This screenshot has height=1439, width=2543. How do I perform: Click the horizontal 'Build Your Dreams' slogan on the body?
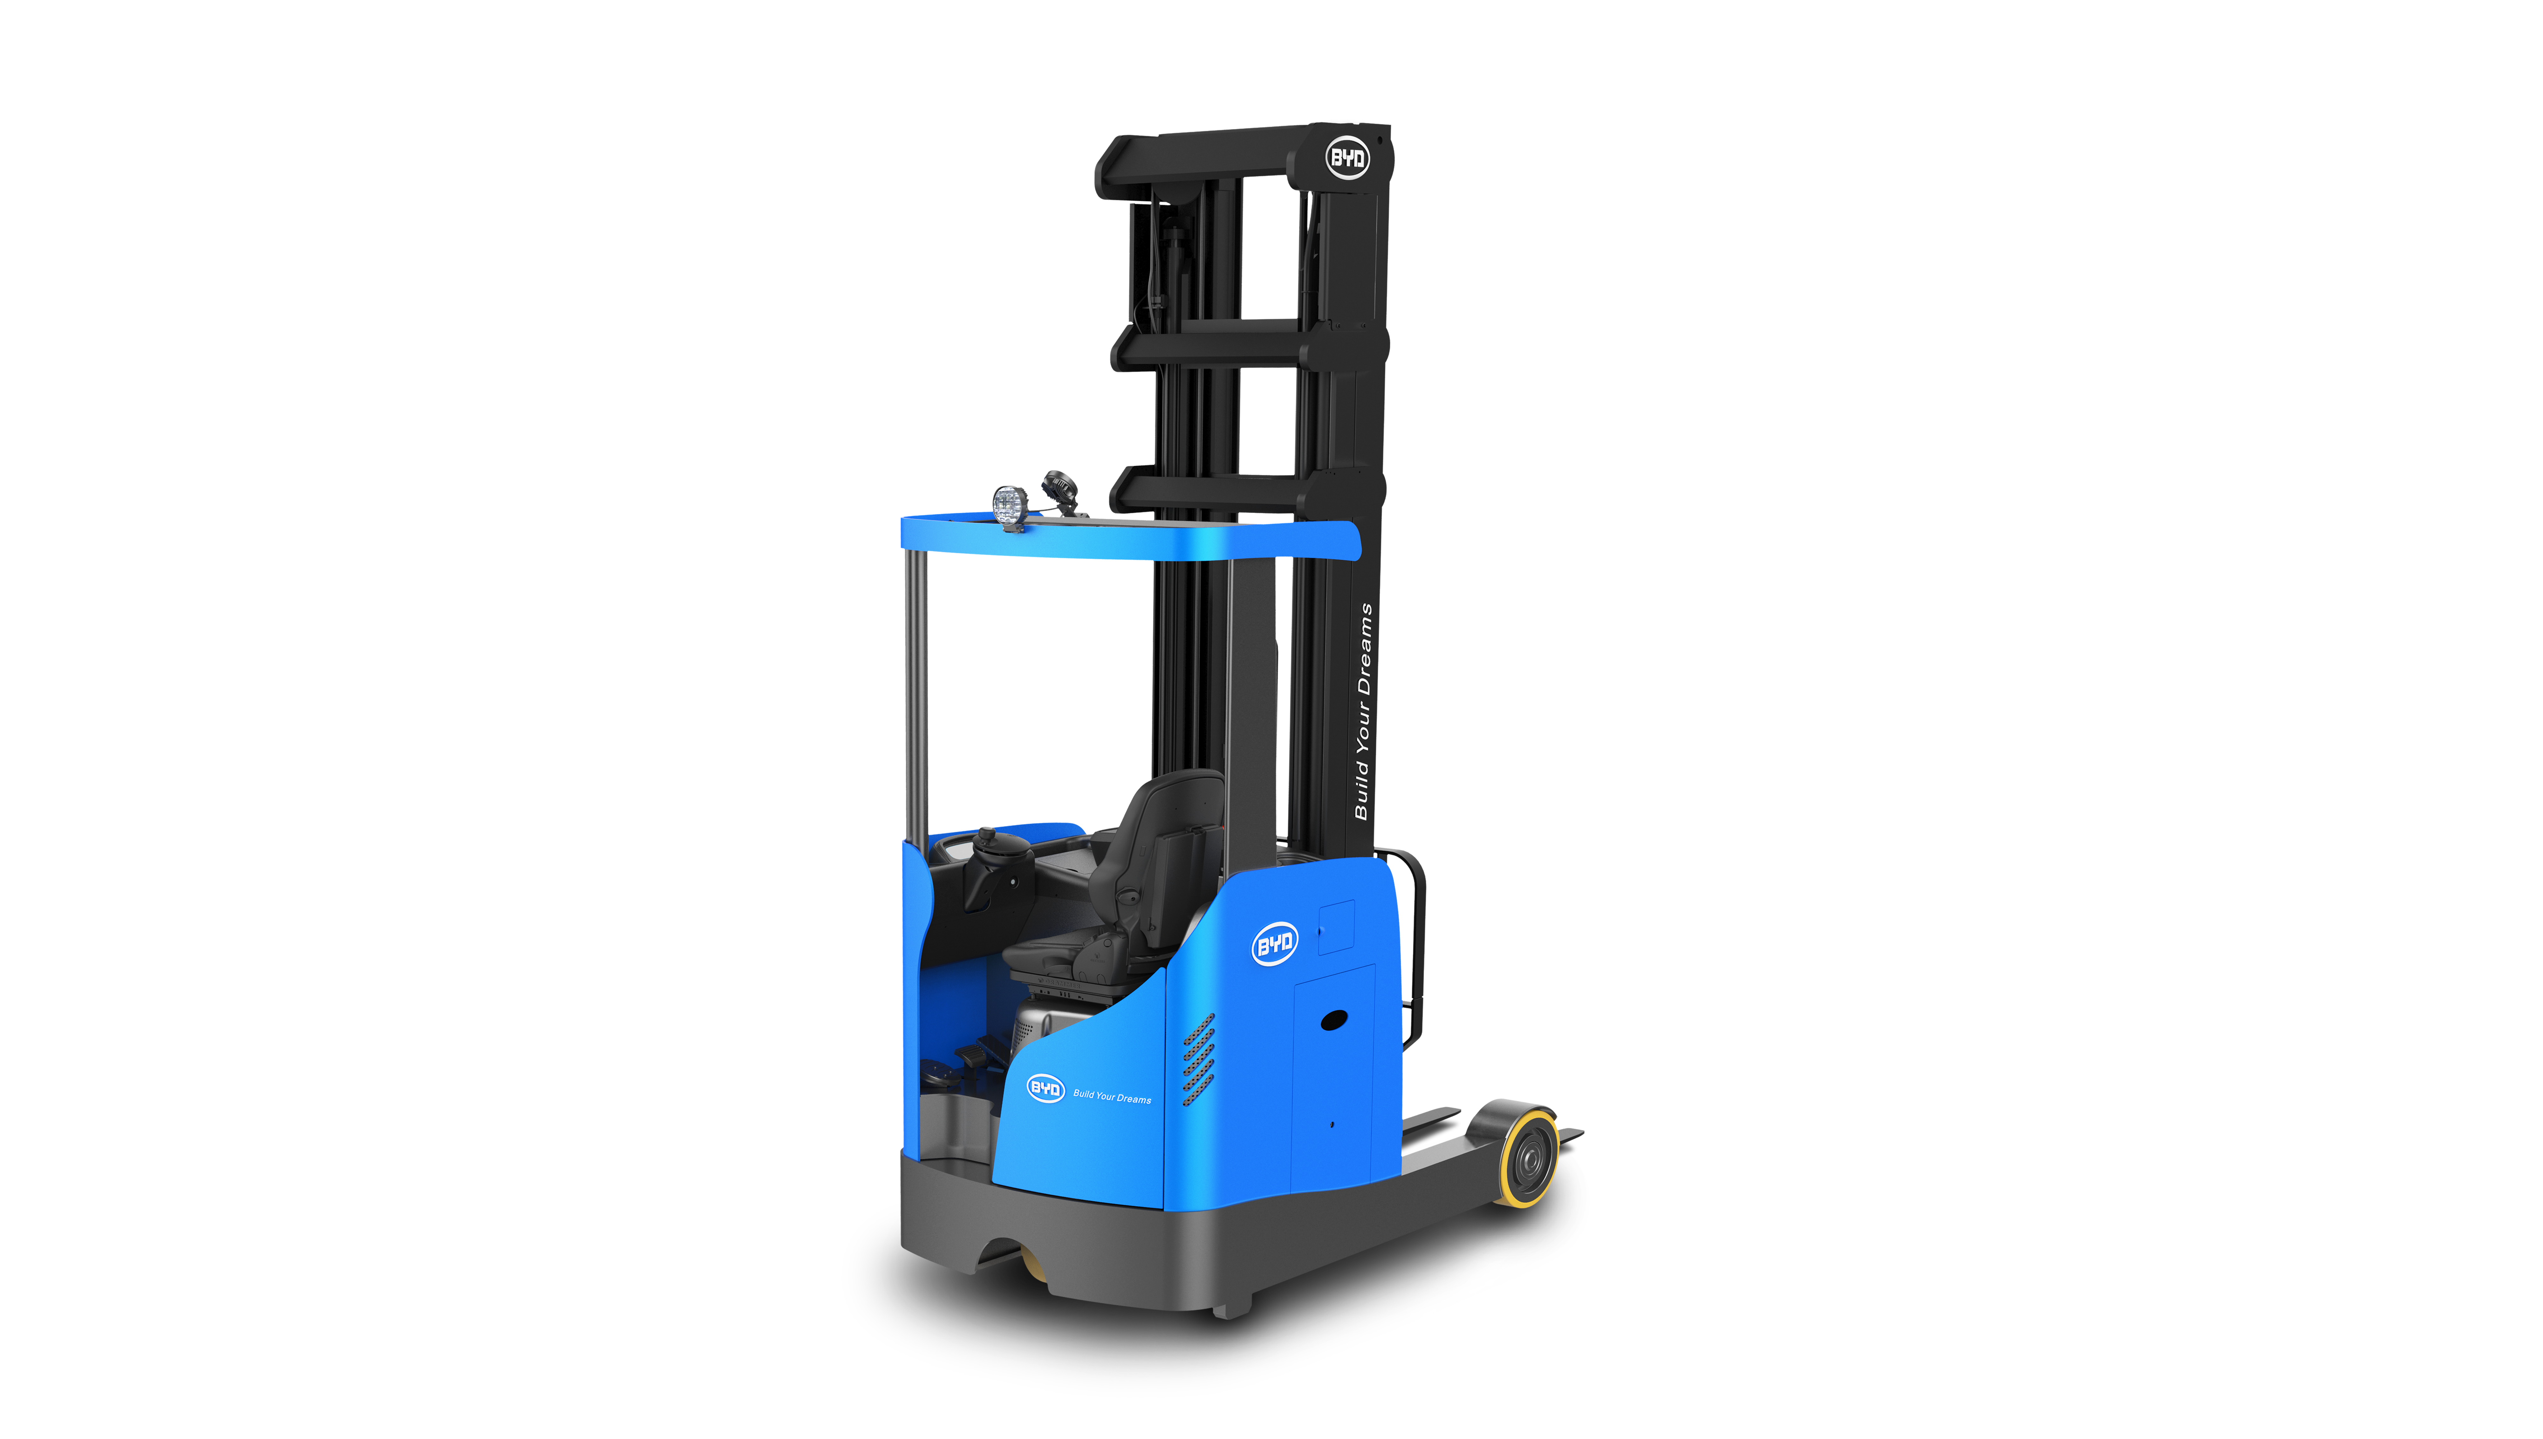pyautogui.click(x=1112, y=1096)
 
